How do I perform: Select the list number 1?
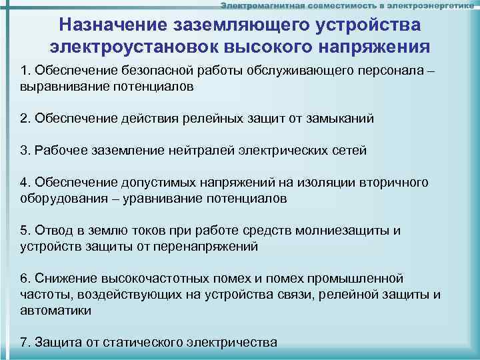pyautogui.click(x=24, y=72)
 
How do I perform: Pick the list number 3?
pyautogui.click(x=24, y=151)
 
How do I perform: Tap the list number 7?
pyautogui.click(x=24, y=343)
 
